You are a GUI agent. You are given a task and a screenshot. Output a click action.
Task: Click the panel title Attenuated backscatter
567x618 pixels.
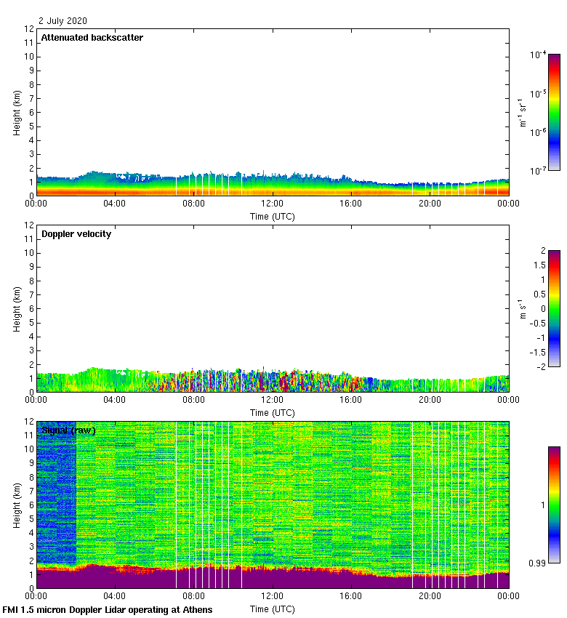click(x=92, y=38)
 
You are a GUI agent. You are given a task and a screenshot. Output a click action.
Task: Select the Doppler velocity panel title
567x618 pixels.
click(x=76, y=234)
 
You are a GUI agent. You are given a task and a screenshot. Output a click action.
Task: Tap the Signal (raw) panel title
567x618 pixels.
click(x=68, y=430)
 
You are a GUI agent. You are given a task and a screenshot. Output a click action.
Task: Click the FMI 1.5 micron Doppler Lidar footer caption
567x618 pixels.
click(x=108, y=609)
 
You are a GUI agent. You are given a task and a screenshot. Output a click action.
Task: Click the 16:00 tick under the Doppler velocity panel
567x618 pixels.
click(x=351, y=400)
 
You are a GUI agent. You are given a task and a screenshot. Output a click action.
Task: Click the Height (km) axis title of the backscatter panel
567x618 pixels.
click(x=16, y=113)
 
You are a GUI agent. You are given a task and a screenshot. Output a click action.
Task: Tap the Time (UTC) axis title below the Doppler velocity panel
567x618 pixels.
click(x=273, y=412)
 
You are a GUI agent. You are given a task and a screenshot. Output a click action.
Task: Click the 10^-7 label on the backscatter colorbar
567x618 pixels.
click(x=539, y=171)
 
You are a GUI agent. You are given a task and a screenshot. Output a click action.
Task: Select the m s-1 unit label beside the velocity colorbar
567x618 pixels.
click(x=521, y=308)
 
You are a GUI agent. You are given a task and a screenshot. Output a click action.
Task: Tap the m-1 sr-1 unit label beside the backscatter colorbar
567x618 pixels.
click(x=521, y=112)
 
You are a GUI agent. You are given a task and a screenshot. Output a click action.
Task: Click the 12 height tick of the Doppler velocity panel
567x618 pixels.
click(x=29, y=225)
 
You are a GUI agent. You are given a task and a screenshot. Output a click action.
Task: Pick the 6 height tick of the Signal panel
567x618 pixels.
click(x=31, y=505)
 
